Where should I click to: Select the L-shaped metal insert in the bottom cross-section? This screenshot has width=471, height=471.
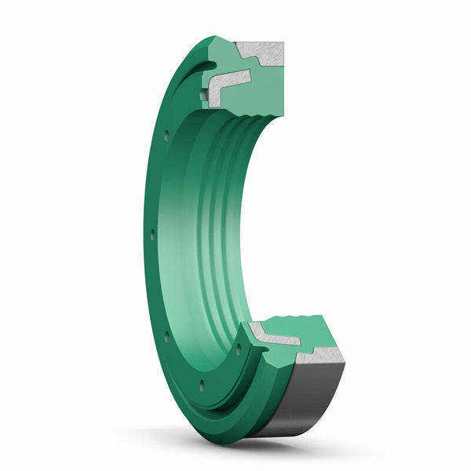tap(275, 337)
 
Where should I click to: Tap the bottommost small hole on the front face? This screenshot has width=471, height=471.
tap(202, 384)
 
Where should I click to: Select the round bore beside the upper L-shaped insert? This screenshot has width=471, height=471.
tap(205, 96)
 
